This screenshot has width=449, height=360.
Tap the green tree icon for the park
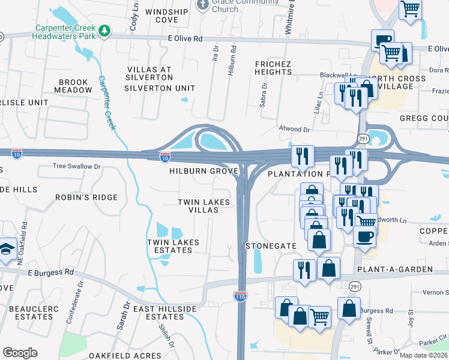pyautogui.click(x=105, y=30)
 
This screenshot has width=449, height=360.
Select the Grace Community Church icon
pyautogui.click(x=202, y=5)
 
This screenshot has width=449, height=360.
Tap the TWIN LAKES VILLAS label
pyautogui.click(x=203, y=206)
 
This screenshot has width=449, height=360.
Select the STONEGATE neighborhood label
pyautogui.click(x=271, y=246)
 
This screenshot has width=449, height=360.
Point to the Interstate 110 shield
pyautogui.click(x=240, y=296)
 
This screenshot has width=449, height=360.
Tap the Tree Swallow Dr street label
pyautogui.click(x=76, y=166)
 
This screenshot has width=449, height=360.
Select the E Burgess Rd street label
pyautogui.click(x=50, y=272)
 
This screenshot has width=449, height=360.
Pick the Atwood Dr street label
pyautogui.click(x=294, y=129)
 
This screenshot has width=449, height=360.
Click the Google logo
pyautogui.click(x=20, y=353)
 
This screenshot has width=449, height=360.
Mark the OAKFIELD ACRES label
pyautogui.click(x=118, y=356)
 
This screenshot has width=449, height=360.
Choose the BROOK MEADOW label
pyautogui.click(x=73, y=86)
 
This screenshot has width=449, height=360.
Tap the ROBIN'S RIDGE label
pyautogui.click(x=86, y=197)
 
